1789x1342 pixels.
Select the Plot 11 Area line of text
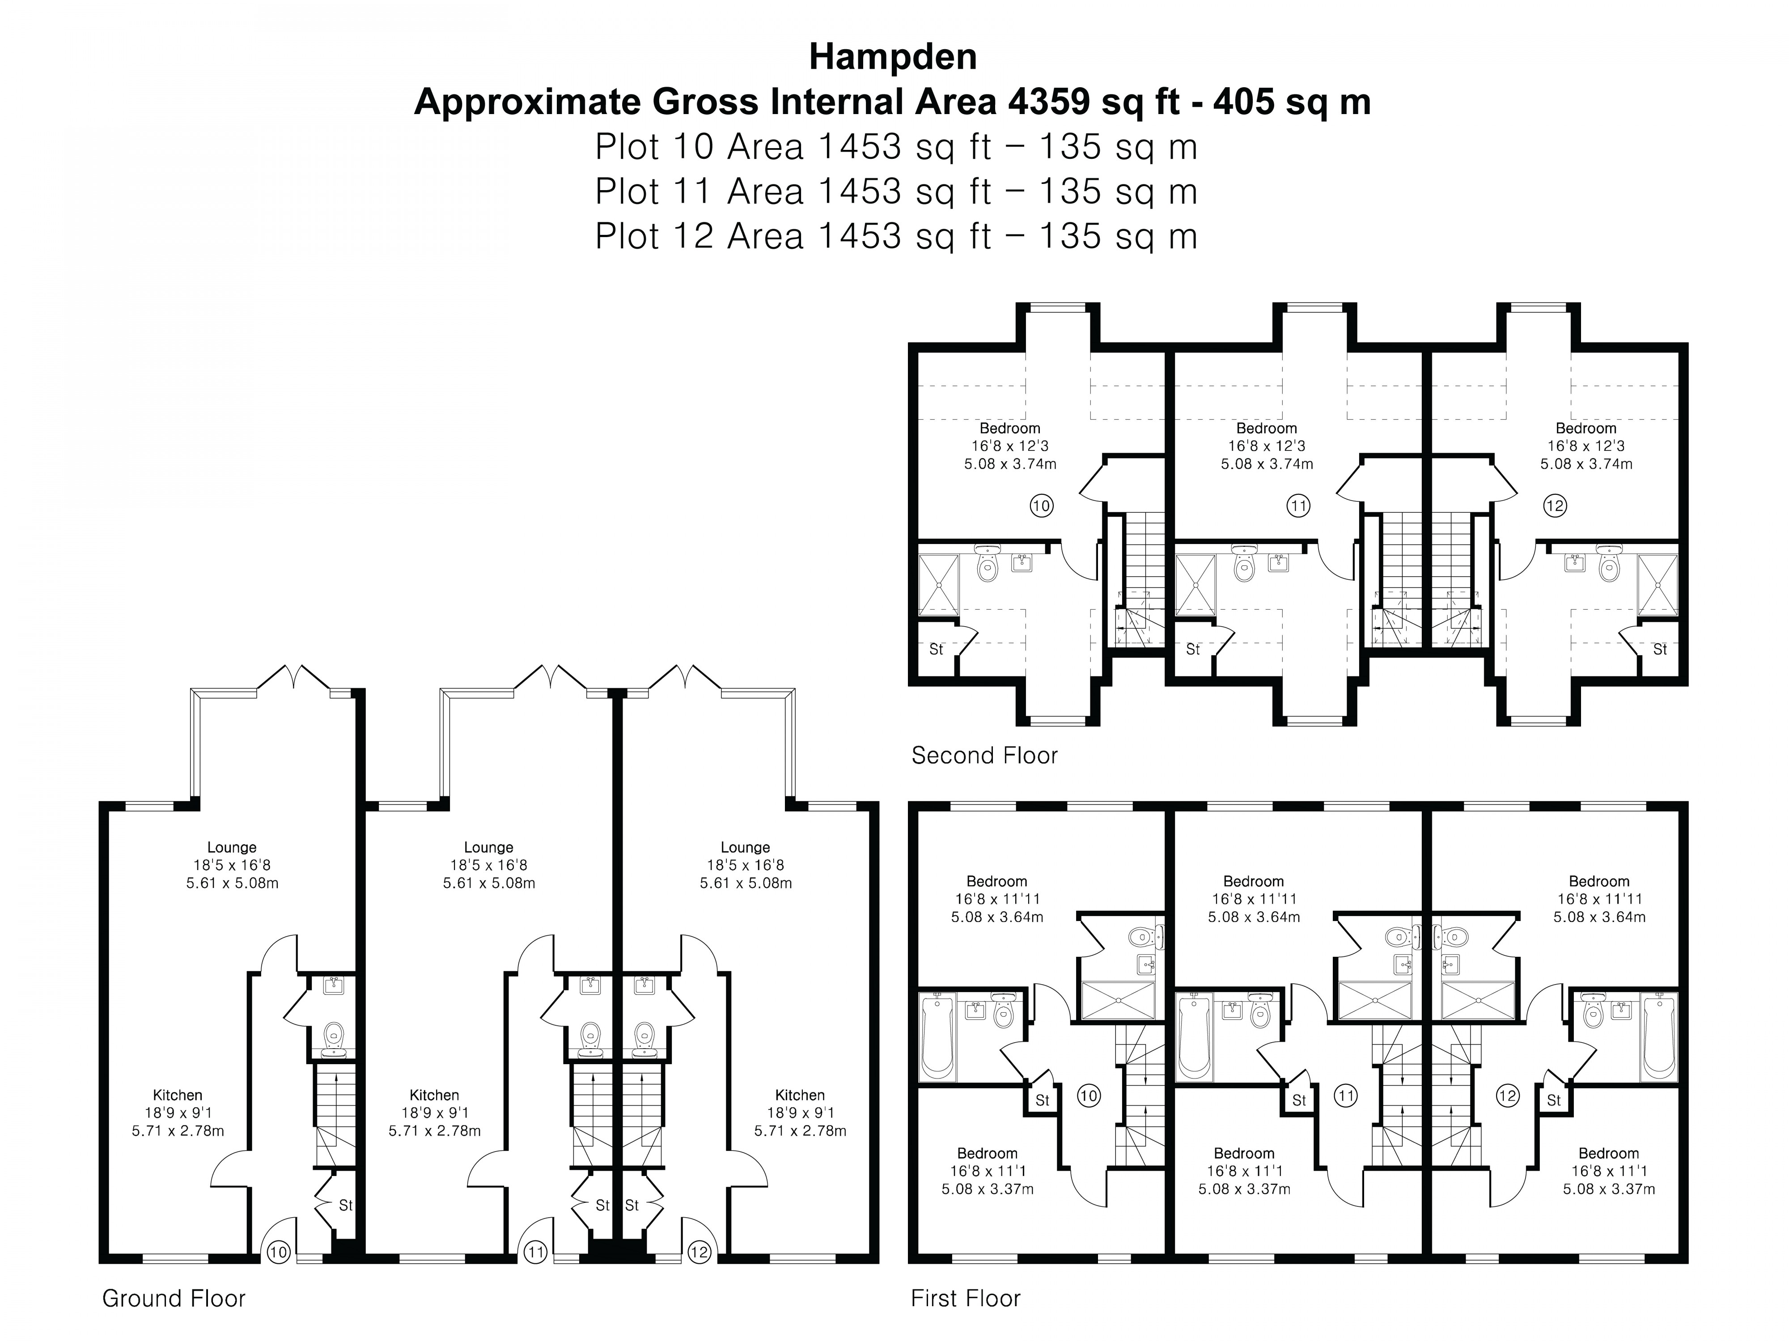click(895, 192)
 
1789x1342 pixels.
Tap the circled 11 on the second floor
click(1297, 506)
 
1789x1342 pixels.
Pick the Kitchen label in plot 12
click(799, 1095)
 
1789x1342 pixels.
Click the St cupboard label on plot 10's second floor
click(936, 649)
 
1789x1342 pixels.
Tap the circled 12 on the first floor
click(1508, 1096)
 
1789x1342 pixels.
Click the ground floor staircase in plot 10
click(334, 1116)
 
